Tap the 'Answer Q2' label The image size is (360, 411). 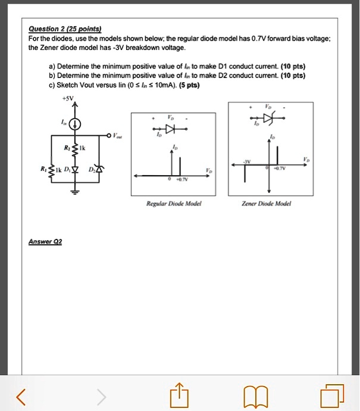pos(45,242)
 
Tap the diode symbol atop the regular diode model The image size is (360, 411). pos(171,129)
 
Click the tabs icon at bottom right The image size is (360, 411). pos(330,395)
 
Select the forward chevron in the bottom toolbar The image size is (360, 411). pos(101,395)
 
